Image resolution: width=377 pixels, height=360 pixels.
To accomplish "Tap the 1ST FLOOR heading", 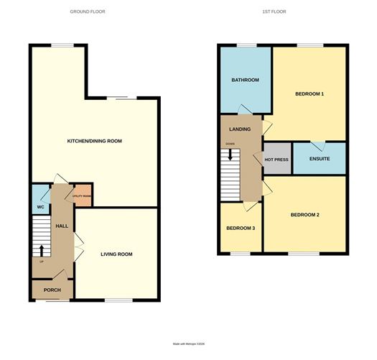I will point(284,12).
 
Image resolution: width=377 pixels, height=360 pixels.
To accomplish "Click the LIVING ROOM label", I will point(116,254).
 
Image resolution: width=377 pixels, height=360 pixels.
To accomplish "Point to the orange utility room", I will point(81,196).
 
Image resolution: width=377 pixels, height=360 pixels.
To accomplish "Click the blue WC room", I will point(39,201).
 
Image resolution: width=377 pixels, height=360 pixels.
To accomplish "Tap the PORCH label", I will point(52,290).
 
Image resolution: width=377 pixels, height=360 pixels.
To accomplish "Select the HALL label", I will point(62,226).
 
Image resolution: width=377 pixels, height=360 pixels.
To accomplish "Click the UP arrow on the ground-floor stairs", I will point(41,251).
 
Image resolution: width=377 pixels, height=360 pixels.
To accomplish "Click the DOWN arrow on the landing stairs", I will point(230,154).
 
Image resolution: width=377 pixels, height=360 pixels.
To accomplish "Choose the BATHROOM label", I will point(245,80).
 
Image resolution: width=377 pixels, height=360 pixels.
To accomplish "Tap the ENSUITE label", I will point(320,158).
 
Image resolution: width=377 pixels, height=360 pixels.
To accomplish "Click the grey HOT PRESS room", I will point(277,160).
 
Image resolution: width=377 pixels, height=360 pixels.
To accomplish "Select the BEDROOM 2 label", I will point(304,215).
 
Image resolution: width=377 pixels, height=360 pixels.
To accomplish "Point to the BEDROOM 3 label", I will point(241,229).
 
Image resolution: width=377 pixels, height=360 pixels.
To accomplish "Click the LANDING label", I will point(240,129).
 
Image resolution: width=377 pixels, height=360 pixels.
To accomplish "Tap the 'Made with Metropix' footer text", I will point(189,344).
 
